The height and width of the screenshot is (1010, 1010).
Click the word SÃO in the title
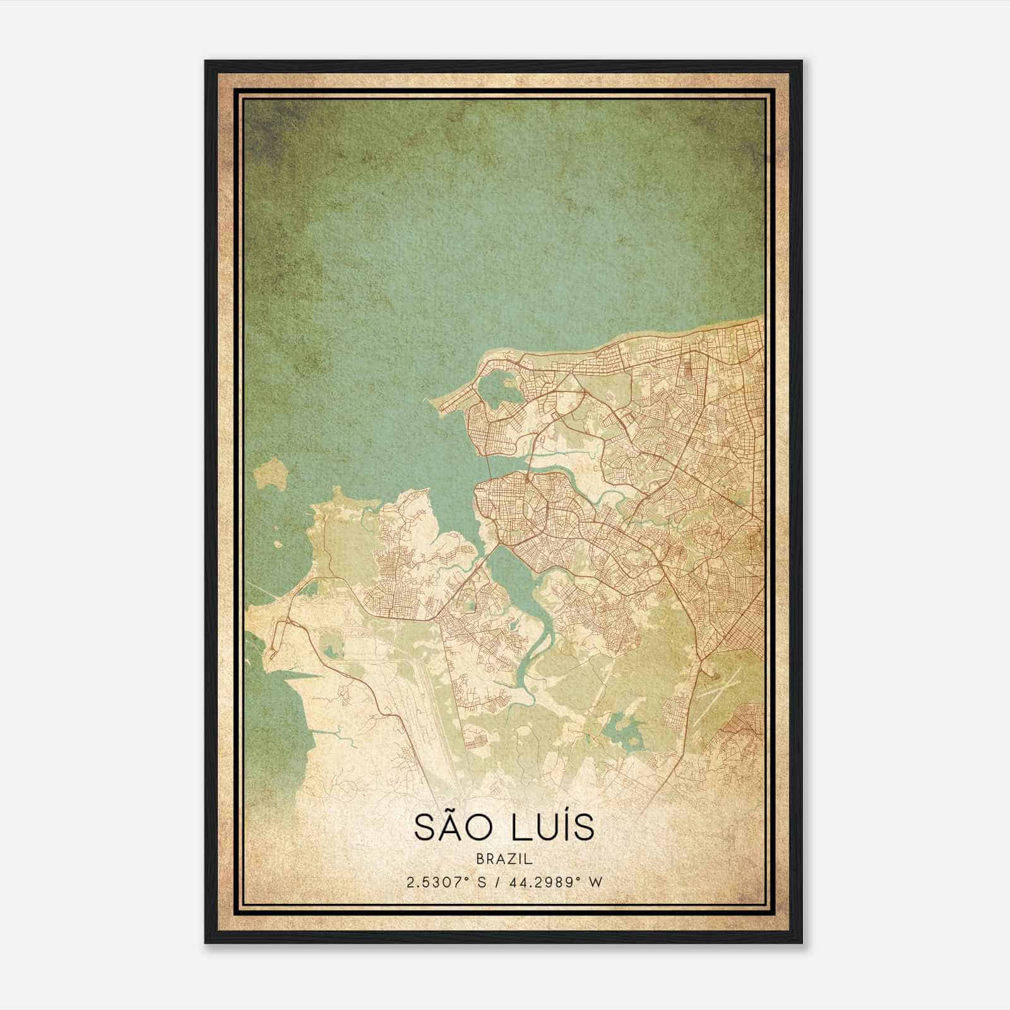click(452, 828)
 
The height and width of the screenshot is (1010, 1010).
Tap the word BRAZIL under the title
click(504, 859)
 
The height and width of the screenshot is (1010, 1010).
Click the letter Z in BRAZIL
click(512, 859)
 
